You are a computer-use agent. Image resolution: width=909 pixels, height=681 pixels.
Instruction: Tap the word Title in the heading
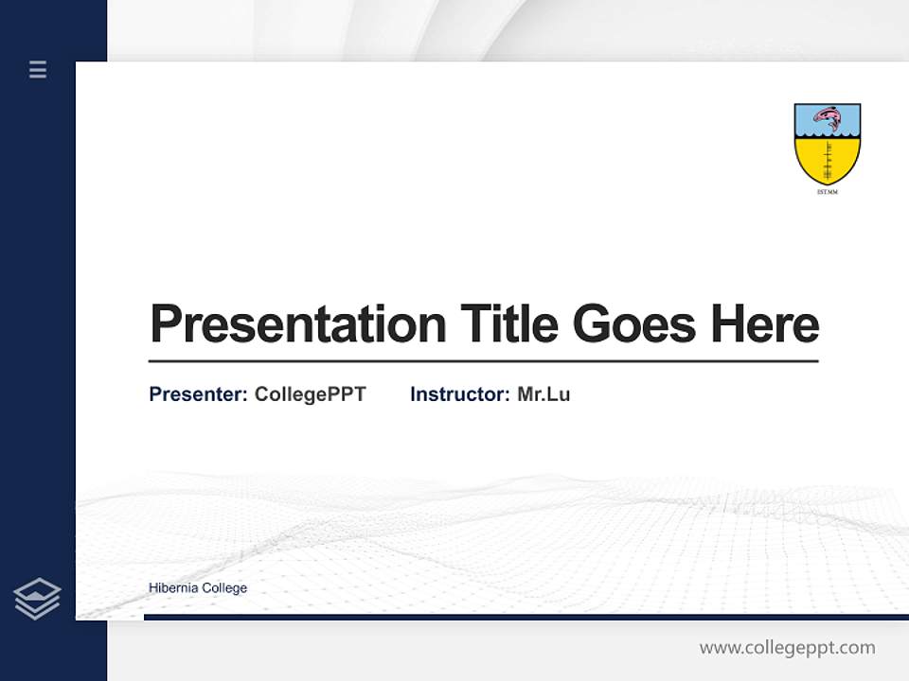(x=509, y=324)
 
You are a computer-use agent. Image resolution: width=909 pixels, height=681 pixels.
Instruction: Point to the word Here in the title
(x=765, y=324)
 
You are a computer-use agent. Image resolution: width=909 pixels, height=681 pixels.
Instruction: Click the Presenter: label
(x=198, y=394)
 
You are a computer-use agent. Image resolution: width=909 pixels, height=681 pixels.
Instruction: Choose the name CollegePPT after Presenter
(x=310, y=394)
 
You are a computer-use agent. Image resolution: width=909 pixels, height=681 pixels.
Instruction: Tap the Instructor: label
(x=459, y=394)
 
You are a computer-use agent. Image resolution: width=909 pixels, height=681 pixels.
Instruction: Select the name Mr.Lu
(x=544, y=394)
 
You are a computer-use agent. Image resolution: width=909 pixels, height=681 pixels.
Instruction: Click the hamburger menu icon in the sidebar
(x=38, y=69)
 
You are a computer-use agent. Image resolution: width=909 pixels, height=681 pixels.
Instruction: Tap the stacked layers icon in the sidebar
(x=37, y=599)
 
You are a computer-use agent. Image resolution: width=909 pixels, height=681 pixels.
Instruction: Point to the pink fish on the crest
(x=828, y=118)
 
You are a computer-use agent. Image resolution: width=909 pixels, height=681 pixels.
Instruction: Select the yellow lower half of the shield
(x=827, y=161)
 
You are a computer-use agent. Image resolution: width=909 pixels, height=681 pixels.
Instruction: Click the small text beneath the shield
(x=827, y=192)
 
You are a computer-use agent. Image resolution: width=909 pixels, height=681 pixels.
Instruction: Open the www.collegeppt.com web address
(x=787, y=648)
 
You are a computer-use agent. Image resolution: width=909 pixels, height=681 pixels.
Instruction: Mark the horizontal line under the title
(x=483, y=361)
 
